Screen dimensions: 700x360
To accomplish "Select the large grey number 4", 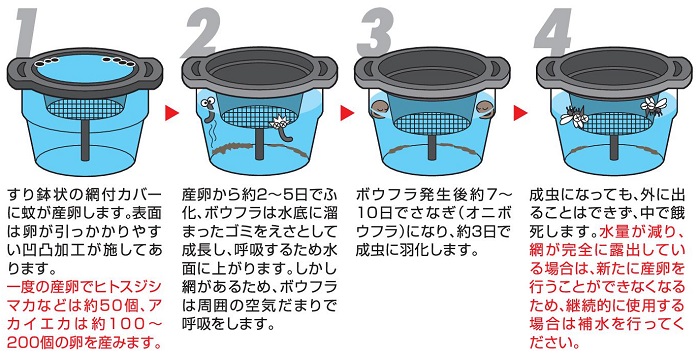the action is pos(553,33).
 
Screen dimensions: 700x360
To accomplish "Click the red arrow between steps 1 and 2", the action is pos(172,113).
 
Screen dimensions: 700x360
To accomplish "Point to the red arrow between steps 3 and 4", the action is pos(521,113).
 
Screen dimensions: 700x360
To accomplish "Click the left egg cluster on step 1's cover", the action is pos(45,63).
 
